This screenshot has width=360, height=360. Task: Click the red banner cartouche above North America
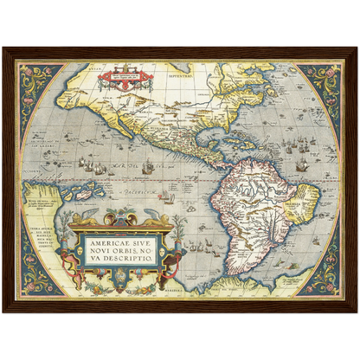tap(125, 79)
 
